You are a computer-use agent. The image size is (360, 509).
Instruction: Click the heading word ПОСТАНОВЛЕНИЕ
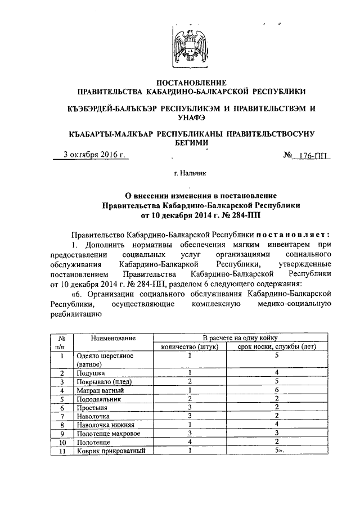(x=193, y=82)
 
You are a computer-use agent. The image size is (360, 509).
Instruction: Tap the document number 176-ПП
(x=314, y=156)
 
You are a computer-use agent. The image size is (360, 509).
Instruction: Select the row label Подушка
(x=91, y=372)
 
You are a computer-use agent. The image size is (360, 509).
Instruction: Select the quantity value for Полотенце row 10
(x=191, y=442)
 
